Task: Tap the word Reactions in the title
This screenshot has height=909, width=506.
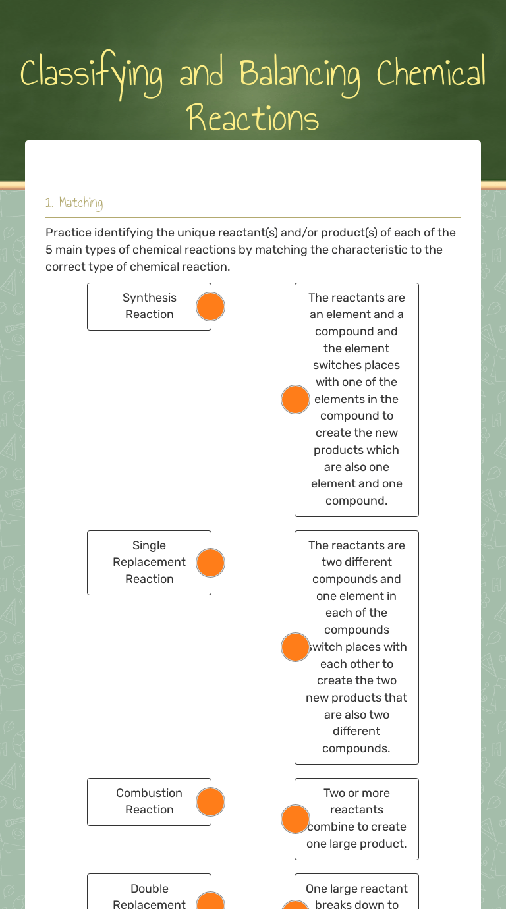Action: tap(253, 119)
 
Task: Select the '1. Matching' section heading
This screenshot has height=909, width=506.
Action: tap(74, 203)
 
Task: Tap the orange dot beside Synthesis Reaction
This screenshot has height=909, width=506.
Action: tap(211, 307)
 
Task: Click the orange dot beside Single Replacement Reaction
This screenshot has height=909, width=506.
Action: tap(211, 563)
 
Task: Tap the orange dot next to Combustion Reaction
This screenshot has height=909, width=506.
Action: tap(211, 802)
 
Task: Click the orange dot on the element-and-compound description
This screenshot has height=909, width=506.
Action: tap(295, 400)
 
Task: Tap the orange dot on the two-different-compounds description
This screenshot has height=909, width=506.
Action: tap(295, 647)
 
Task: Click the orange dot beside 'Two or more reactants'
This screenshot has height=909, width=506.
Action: tap(295, 819)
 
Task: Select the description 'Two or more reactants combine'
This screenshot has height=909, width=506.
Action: tap(357, 819)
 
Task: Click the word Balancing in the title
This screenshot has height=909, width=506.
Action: tap(300, 74)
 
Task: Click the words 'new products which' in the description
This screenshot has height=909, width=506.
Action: tap(356, 450)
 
